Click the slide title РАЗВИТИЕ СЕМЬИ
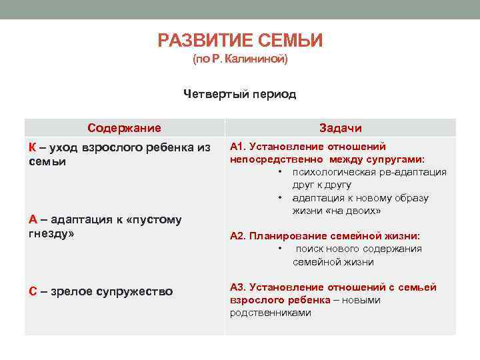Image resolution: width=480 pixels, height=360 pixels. click(240, 41)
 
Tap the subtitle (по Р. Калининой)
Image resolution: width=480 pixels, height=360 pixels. click(240, 60)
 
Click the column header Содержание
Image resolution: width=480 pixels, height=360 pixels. click(124, 127)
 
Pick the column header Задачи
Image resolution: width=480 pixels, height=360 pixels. click(340, 128)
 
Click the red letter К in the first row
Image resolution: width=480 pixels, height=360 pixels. click(33, 147)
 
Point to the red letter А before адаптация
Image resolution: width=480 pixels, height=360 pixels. click(33, 220)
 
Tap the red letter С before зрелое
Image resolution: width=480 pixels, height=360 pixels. click(33, 291)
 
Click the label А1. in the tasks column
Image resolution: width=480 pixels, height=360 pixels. click(238, 147)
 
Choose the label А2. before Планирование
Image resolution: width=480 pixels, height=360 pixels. click(238, 236)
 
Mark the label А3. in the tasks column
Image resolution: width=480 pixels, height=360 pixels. click(238, 287)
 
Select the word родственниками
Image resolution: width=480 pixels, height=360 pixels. click(271, 313)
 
